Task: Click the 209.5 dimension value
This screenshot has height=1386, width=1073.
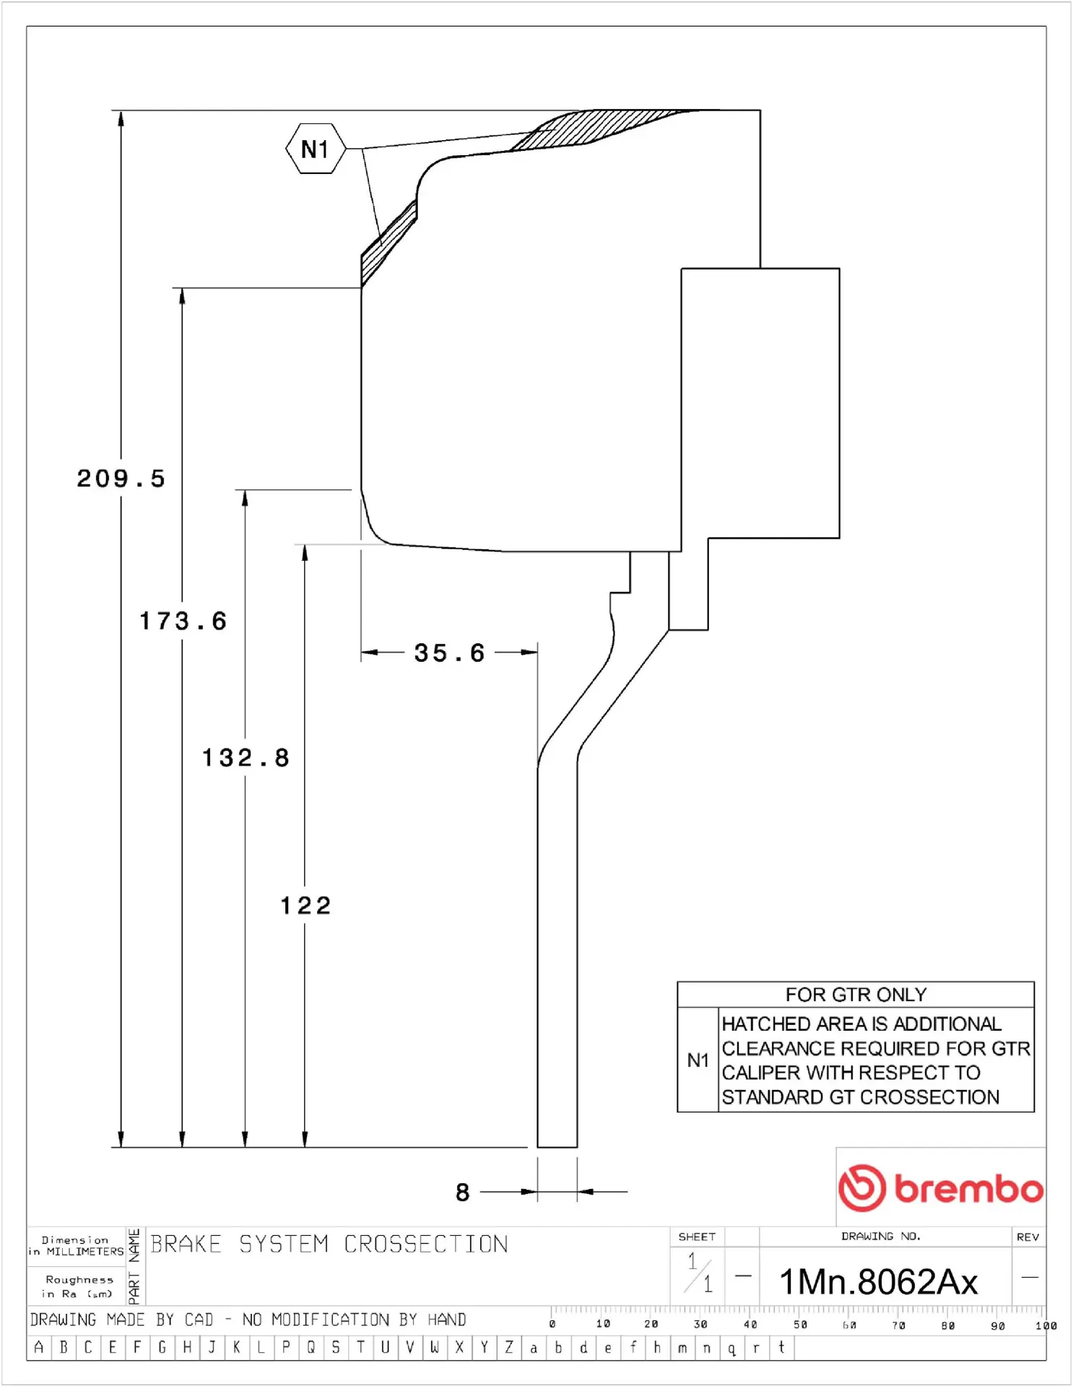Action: [x=121, y=479]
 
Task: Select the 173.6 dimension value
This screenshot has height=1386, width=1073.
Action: [x=183, y=621]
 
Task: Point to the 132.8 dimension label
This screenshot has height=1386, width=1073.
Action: [x=246, y=758]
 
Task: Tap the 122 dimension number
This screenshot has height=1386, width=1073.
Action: [x=305, y=905]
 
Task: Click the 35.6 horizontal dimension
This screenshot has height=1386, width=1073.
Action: [x=449, y=653]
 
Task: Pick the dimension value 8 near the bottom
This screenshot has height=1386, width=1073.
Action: [x=463, y=1192]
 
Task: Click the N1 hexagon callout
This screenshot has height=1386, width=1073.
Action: [x=316, y=149]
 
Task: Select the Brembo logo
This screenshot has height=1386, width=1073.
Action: [x=940, y=1187]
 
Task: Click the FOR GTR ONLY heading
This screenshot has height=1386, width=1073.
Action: [x=856, y=995]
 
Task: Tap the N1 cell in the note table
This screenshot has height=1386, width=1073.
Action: [x=698, y=1060]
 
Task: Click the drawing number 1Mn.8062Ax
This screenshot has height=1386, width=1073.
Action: [x=878, y=1282]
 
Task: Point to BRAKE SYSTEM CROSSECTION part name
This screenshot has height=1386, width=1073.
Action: [x=329, y=1244]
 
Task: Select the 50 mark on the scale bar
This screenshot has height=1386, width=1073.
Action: [x=800, y=1325]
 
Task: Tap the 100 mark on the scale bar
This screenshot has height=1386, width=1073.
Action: [x=1045, y=1325]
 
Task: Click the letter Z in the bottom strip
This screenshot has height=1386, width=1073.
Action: [x=509, y=1347]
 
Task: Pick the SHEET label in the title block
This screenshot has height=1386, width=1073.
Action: [x=697, y=1237]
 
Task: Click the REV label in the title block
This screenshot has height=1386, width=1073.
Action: [x=1028, y=1237]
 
